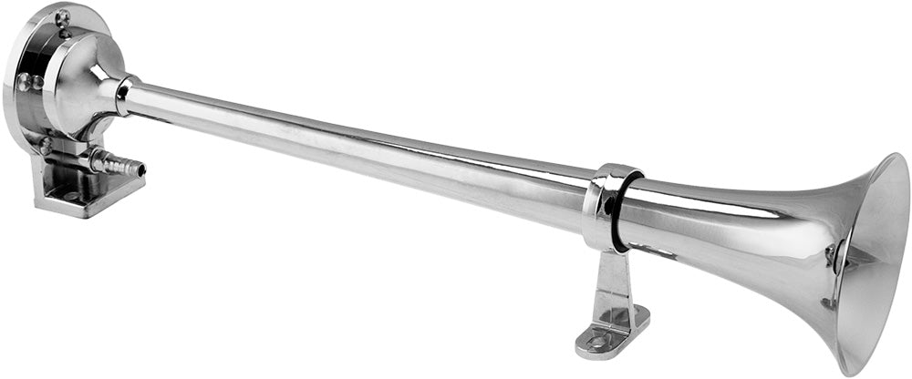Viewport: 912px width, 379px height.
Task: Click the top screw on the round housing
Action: tap(62, 15)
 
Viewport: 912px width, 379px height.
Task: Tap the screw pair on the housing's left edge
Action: tap(29, 82)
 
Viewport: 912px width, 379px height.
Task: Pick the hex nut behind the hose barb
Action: tap(94, 159)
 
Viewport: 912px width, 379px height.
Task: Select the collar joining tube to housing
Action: tap(124, 95)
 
